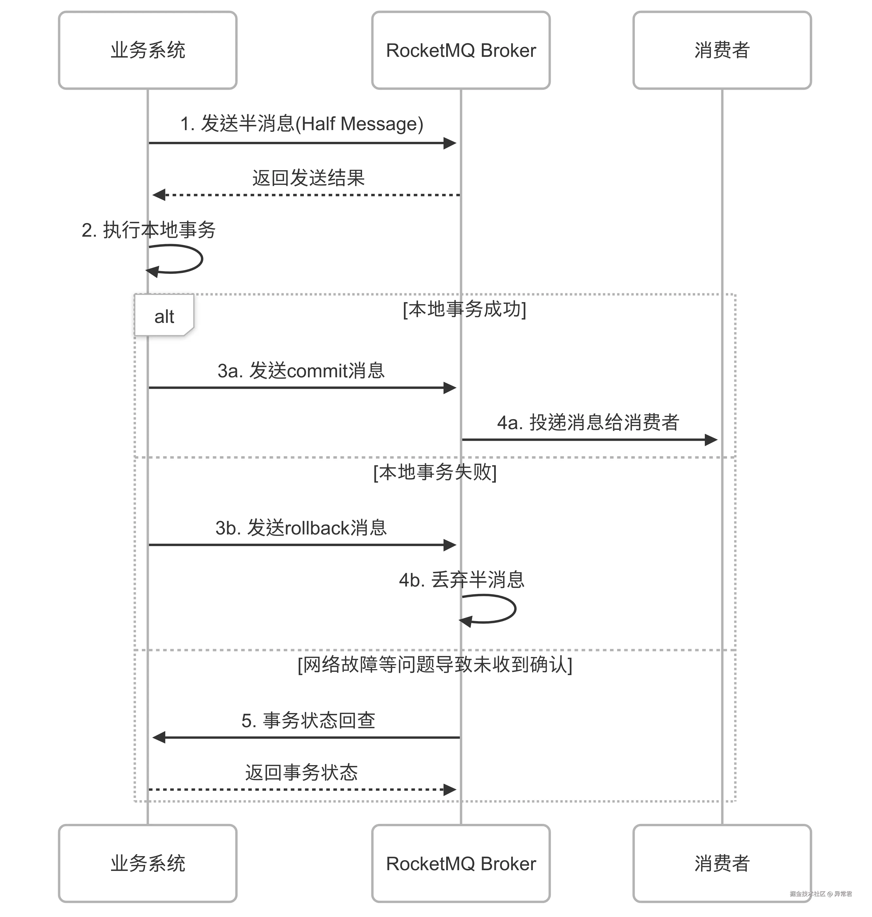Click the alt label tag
(x=164, y=316)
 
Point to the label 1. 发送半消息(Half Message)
(x=302, y=124)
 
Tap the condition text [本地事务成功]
(x=464, y=309)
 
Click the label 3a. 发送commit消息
(x=301, y=370)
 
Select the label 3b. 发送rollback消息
(x=301, y=528)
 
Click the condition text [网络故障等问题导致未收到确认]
(x=435, y=665)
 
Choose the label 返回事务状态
(x=301, y=773)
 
